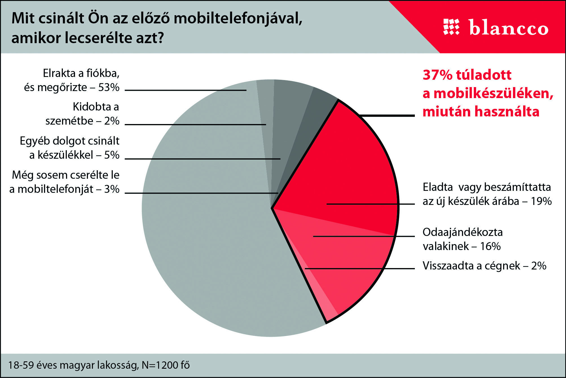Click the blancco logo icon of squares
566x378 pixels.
click(x=451, y=27)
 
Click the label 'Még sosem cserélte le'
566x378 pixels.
click(x=65, y=175)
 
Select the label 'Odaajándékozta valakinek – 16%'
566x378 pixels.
click(x=463, y=239)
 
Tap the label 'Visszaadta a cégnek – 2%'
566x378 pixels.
click(x=484, y=266)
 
